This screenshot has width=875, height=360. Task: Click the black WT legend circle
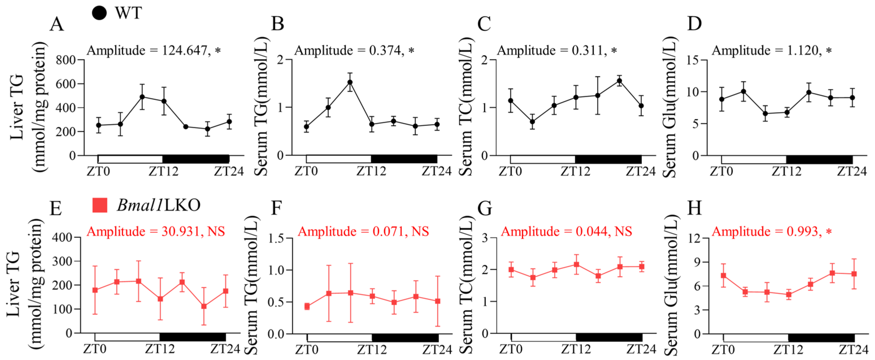point(99,13)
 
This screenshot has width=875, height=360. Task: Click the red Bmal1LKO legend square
point(100,205)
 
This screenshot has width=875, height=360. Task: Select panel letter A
point(57,25)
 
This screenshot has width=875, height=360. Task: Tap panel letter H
point(694,208)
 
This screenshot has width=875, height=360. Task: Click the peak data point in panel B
point(350,82)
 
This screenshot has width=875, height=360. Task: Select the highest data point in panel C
point(620,81)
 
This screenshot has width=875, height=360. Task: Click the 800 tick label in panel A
point(66,60)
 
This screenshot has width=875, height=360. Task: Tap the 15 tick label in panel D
point(693,60)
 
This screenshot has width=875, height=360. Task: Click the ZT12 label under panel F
point(372,349)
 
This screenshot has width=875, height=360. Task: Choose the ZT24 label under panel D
point(852,171)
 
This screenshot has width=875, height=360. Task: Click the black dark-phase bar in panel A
point(196,159)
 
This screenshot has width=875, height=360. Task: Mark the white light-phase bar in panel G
point(543,337)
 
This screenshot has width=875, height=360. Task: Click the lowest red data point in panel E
point(204,306)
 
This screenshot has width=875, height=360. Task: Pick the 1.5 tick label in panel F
point(276,238)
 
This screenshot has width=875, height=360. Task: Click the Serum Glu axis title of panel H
point(671,285)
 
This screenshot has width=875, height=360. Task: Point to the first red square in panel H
point(724,276)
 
